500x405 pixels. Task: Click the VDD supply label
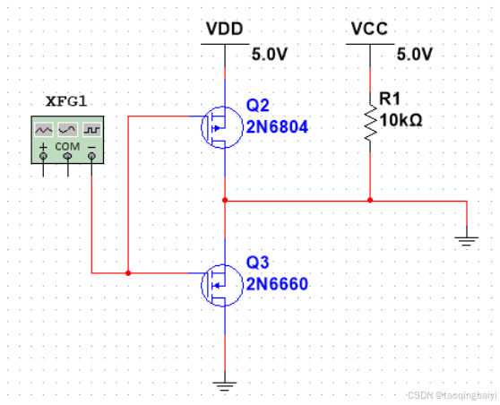tap(225, 29)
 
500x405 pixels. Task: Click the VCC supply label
tap(369, 29)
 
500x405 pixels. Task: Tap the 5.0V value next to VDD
tap(270, 55)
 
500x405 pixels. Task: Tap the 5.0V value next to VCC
tap(415, 55)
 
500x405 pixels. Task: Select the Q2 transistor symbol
tap(222, 127)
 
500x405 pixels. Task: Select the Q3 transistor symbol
tap(222, 285)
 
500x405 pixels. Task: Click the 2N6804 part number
tap(278, 127)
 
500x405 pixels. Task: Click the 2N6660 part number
tap(278, 284)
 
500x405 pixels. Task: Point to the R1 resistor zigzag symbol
tap(370, 122)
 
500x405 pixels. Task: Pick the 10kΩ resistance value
tap(401, 121)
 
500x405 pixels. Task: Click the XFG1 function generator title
tap(66, 101)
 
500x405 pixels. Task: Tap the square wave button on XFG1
tap(91, 129)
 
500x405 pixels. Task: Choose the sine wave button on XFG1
tap(67, 129)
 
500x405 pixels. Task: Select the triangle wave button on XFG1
tap(44, 129)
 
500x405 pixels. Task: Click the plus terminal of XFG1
tap(43, 156)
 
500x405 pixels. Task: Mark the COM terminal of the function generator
tap(67, 156)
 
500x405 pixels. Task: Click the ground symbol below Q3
tap(225, 386)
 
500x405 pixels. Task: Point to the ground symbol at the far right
tap(467, 241)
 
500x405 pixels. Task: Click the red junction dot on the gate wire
tap(128, 273)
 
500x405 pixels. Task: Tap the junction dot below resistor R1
tap(370, 201)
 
